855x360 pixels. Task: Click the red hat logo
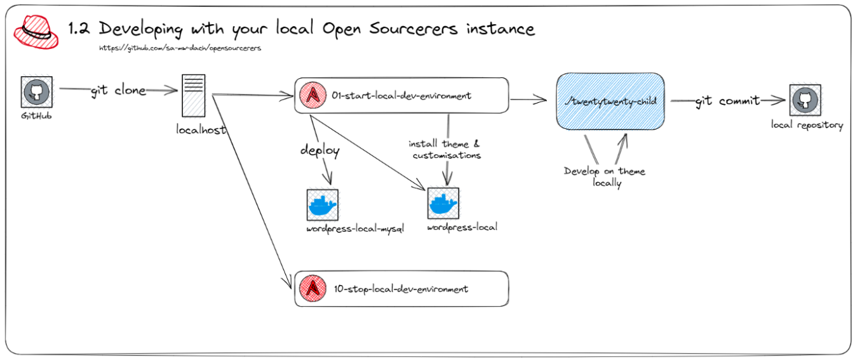(x=36, y=32)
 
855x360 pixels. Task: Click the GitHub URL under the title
(x=180, y=48)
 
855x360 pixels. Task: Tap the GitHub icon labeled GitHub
(x=37, y=93)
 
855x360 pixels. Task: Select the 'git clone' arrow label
(x=118, y=90)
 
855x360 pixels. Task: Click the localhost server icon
(x=194, y=95)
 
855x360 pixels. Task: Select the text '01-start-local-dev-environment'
(x=401, y=96)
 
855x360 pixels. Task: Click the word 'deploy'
(x=320, y=151)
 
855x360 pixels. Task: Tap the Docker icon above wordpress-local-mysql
(x=322, y=205)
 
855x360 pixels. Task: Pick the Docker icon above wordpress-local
(x=443, y=204)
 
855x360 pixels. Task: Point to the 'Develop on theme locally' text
(x=605, y=177)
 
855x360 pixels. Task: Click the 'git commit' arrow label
(x=727, y=101)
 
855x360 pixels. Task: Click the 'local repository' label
(x=807, y=125)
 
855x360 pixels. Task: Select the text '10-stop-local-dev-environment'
(x=401, y=289)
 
